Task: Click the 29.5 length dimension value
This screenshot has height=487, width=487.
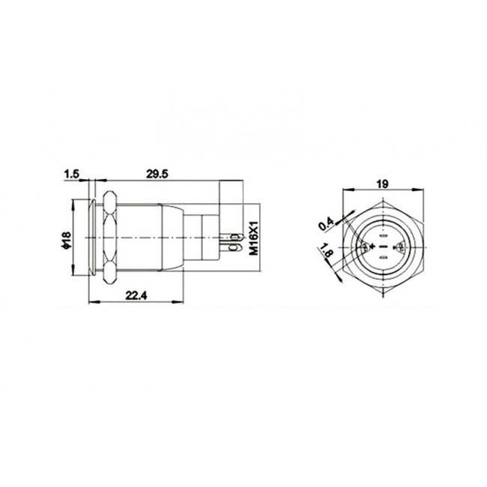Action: click(x=156, y=173)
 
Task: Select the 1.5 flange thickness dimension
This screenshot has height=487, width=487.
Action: click(x=73, y=174)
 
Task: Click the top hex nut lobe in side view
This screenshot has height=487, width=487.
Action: click(x=110, y=202)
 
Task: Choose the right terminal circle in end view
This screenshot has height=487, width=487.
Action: click(x=398, y=246)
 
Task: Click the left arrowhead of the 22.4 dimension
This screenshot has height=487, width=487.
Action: click(x=91, y=302)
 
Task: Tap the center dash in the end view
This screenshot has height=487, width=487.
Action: click(x=382, y=246)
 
